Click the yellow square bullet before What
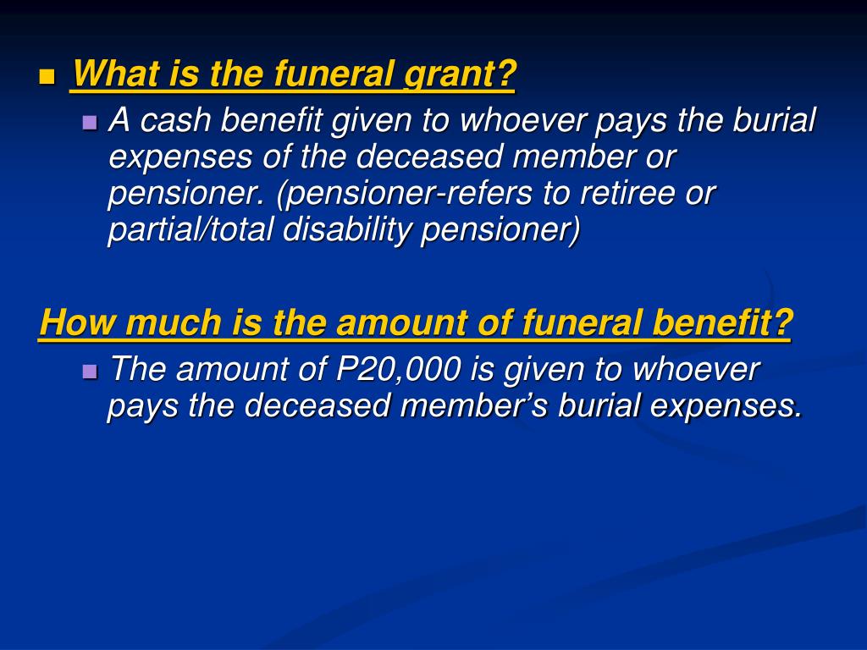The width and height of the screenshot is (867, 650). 47,78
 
